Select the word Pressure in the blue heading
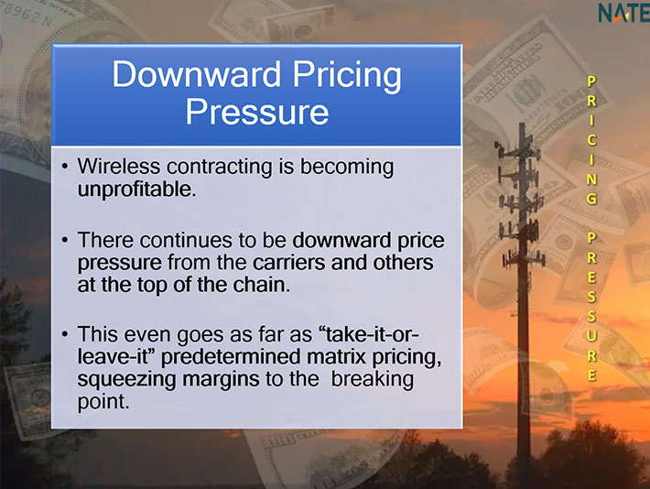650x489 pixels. point(257,112)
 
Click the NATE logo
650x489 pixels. point(623,13)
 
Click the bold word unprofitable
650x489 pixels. point(136,190)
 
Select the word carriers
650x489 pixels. point(288,263)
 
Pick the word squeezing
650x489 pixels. point(126,380)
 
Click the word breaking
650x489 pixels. point(373,380)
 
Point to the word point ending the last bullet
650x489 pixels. point(103,402)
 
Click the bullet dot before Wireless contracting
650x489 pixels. point(64,167)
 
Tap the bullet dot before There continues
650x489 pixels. point(64,240)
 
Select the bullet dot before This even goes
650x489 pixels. point(64,334)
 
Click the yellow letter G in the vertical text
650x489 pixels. point(591,199)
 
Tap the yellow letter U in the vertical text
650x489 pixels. point(591,335)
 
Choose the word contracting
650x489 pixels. point(220,168)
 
